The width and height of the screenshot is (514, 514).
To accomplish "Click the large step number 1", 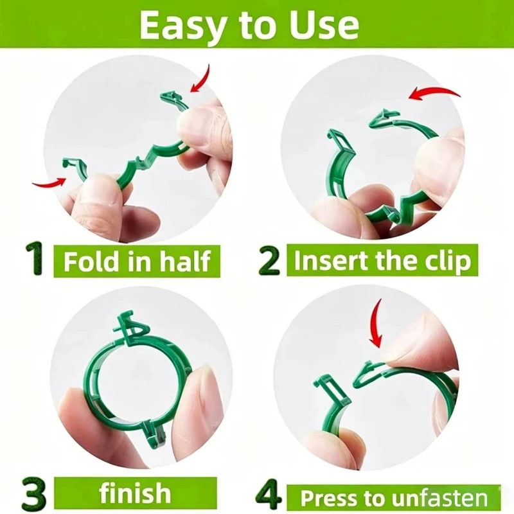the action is [35, 259].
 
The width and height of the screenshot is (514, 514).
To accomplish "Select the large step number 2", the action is [269, 260].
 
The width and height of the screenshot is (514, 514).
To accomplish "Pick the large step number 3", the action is [35, 492].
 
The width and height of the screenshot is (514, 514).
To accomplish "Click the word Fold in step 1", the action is [90, 261].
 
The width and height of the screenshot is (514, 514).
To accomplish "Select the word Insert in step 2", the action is [332, 260].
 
